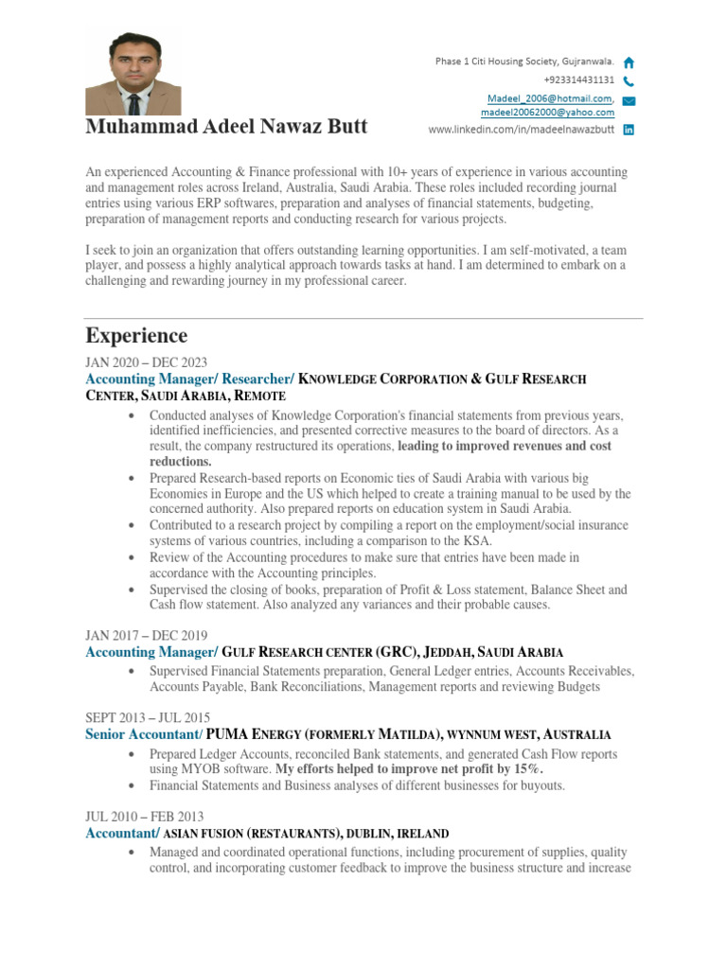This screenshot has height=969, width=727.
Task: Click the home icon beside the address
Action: pos(629,62)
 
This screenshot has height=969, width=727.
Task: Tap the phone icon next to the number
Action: pos(629,81)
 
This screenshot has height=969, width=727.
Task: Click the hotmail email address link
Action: pos(548,98)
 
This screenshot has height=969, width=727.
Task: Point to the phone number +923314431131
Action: pos(578,80)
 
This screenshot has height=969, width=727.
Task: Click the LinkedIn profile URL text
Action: pos(522,130)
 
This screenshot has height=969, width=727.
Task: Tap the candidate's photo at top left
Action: pos(133,74)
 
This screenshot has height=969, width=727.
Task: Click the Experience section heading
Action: pos(136,336)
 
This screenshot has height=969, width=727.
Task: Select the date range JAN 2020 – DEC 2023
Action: pos(147,362)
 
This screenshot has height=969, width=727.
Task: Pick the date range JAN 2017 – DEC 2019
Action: pos(147,635)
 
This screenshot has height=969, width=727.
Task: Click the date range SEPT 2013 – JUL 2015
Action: pos(148,717)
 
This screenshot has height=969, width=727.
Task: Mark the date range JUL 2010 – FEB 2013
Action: pos(145,817)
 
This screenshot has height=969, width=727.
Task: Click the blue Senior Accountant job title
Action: pos(144,734)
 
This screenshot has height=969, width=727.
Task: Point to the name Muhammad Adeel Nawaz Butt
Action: pos(226,127)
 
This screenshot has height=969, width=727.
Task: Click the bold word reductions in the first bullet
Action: pos(180,462)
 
